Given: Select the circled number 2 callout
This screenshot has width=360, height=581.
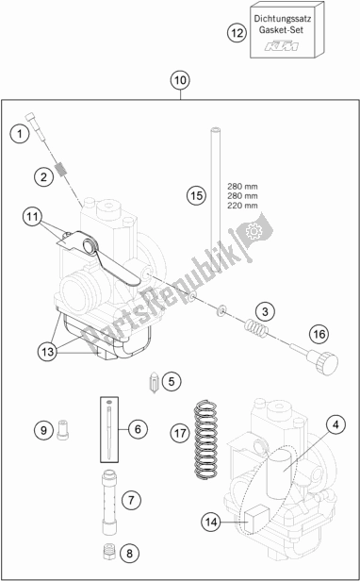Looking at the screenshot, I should coord(43,176).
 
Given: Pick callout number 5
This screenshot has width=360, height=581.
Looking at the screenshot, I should coord(169,381).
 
